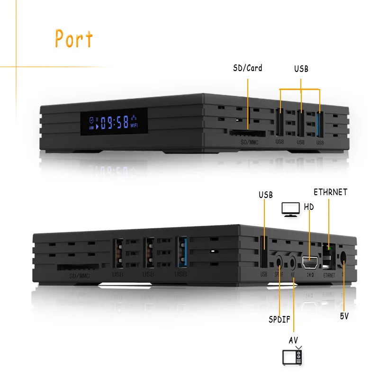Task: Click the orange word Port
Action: click(74, 39)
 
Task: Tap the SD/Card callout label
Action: click(247, 68)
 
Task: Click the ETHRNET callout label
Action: click(330, 192)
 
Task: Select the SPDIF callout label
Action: click(279, 319)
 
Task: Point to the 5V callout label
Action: click(344, 316)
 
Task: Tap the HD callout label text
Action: click(308, 207)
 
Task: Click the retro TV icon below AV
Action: click(292, 356)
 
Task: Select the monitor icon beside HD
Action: click(290, 209)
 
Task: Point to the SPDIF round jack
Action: click(279, 262)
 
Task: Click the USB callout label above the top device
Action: click(301, 69)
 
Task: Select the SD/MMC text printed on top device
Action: click(249, 142)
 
